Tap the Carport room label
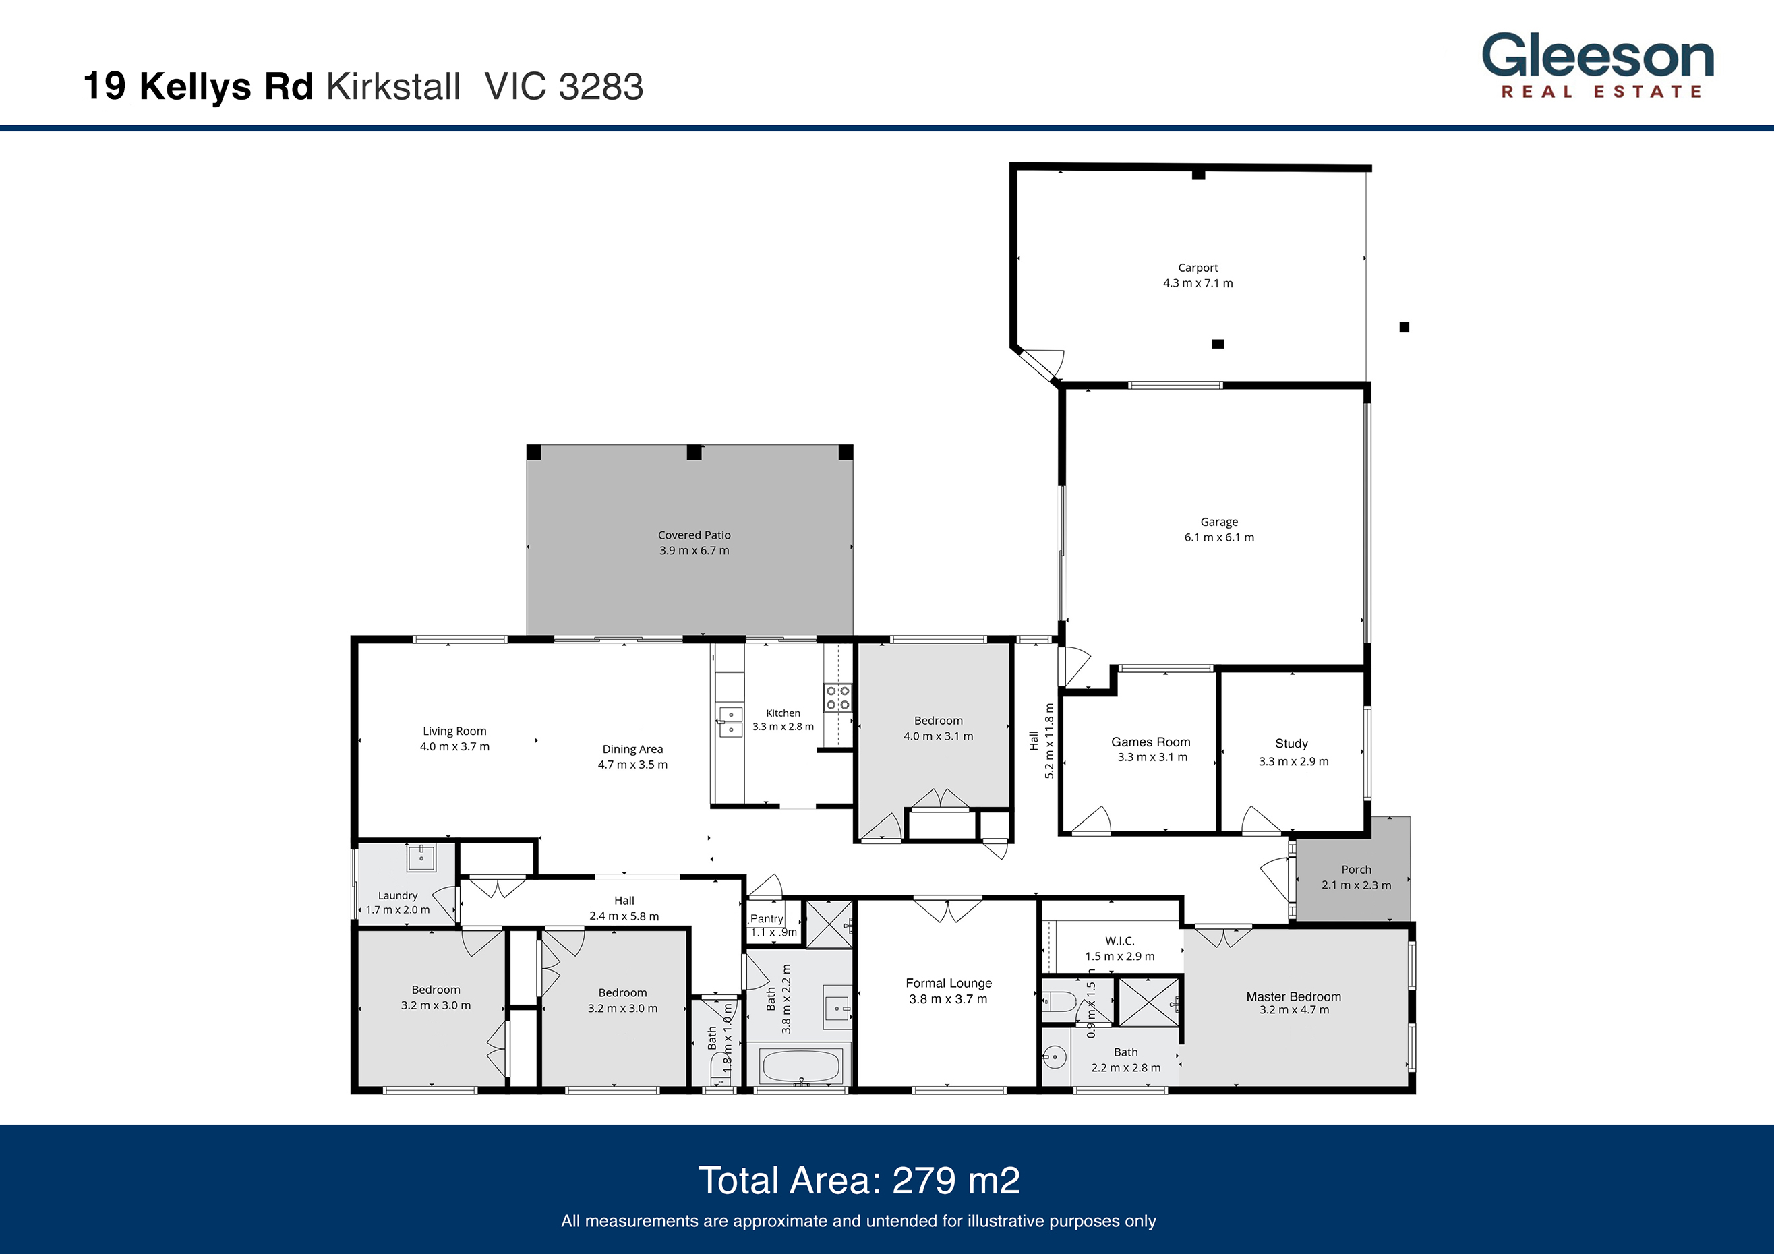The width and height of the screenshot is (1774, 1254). [x=1198, y=268]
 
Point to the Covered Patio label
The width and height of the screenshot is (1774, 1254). [x=694, y=535]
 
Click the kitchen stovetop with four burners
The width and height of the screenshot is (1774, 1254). [x=837, y=698]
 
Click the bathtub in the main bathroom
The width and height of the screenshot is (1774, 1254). [x=800, y=1067]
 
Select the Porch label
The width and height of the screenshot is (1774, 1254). [x=1356, y=869]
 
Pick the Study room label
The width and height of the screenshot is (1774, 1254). [x=1291, y=743]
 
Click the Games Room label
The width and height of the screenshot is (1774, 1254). [x=1150, y=742]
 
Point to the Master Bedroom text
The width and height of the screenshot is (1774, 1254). [x=1293, y=996]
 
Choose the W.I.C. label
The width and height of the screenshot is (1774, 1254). [x=1119, y=941]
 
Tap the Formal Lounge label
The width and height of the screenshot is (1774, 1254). [x=948, y=983]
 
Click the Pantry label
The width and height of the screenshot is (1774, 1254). [x=767, y=919]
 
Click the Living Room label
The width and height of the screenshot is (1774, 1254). [x=454, y=731]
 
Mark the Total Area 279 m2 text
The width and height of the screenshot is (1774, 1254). [x=858, y=1181]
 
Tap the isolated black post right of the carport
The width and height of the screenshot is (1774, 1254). [x=1404, y=328]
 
